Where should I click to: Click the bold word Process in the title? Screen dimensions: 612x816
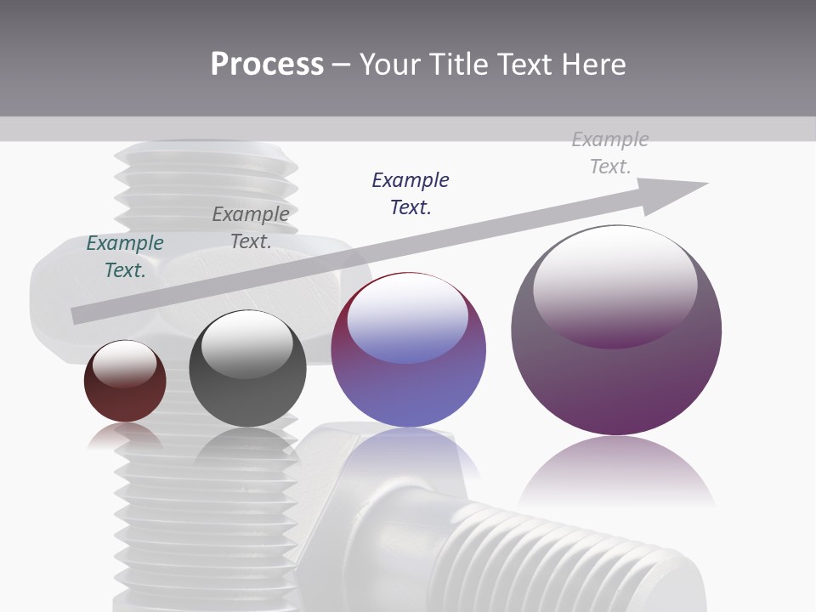(x=267, y=65)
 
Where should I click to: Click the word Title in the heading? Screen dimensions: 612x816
(x=458, y=65)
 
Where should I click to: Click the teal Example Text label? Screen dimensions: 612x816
(x=125, y=257)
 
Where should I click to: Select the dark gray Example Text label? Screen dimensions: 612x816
(x=251, y=228)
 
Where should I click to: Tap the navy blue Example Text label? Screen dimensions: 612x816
(x=411, y=194)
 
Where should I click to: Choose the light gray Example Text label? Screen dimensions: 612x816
(x=610, y=153)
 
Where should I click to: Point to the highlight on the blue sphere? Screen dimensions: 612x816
(x=407, y=314)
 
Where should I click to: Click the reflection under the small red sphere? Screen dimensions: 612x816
(x=125, y=436)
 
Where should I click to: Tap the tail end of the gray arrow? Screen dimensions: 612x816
(x=78, y=315)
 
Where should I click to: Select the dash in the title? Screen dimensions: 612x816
(x=342, y=65)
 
